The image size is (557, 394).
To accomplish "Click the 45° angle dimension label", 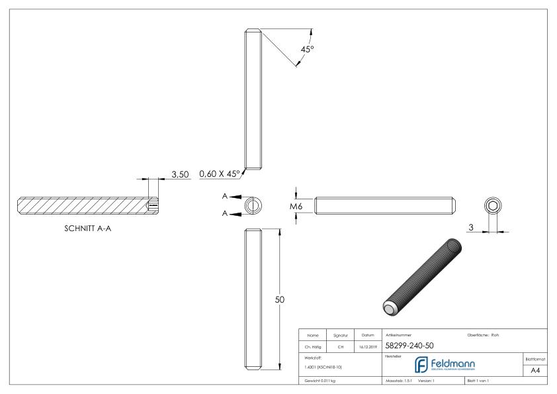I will (x=305, y=50).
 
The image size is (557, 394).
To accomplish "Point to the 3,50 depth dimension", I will (x=181, y=174).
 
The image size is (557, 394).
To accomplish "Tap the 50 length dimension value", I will (x=279, y=300).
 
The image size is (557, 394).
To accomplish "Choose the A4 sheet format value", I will (x=535, y=371).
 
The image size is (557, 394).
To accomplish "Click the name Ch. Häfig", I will (x=315, y=346).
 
